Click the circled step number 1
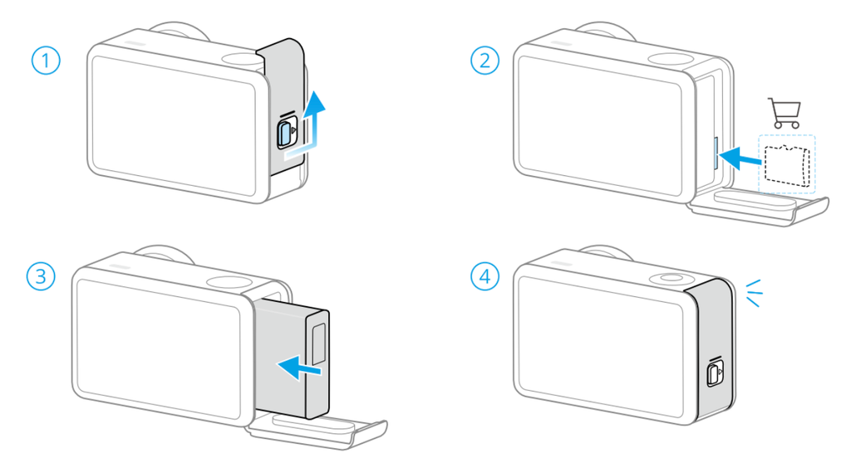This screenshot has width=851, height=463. [x=46, y=61]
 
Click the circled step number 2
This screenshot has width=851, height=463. [x=485, y=61]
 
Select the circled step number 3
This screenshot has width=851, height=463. [x=42, y=276]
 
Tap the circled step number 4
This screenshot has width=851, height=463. [x=485, y=276]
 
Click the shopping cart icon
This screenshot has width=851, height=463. [x=785, y=114]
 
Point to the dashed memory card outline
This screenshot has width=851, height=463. [x=787, y=165]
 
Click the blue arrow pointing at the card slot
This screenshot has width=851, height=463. [x=742, y=158]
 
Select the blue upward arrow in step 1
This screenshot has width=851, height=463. [x=307, y=124]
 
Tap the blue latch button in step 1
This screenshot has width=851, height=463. [x=285, y=134]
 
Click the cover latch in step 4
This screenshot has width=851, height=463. [x=715, y=373]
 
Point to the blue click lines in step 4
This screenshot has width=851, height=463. [x=753, y=293]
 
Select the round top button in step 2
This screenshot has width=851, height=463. [x=671, y=60]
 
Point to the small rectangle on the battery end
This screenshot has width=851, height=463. [x=318, y=344]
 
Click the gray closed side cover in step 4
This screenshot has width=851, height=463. [x=711, y=351]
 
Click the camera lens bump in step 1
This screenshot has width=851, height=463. [x=180, y=31]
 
